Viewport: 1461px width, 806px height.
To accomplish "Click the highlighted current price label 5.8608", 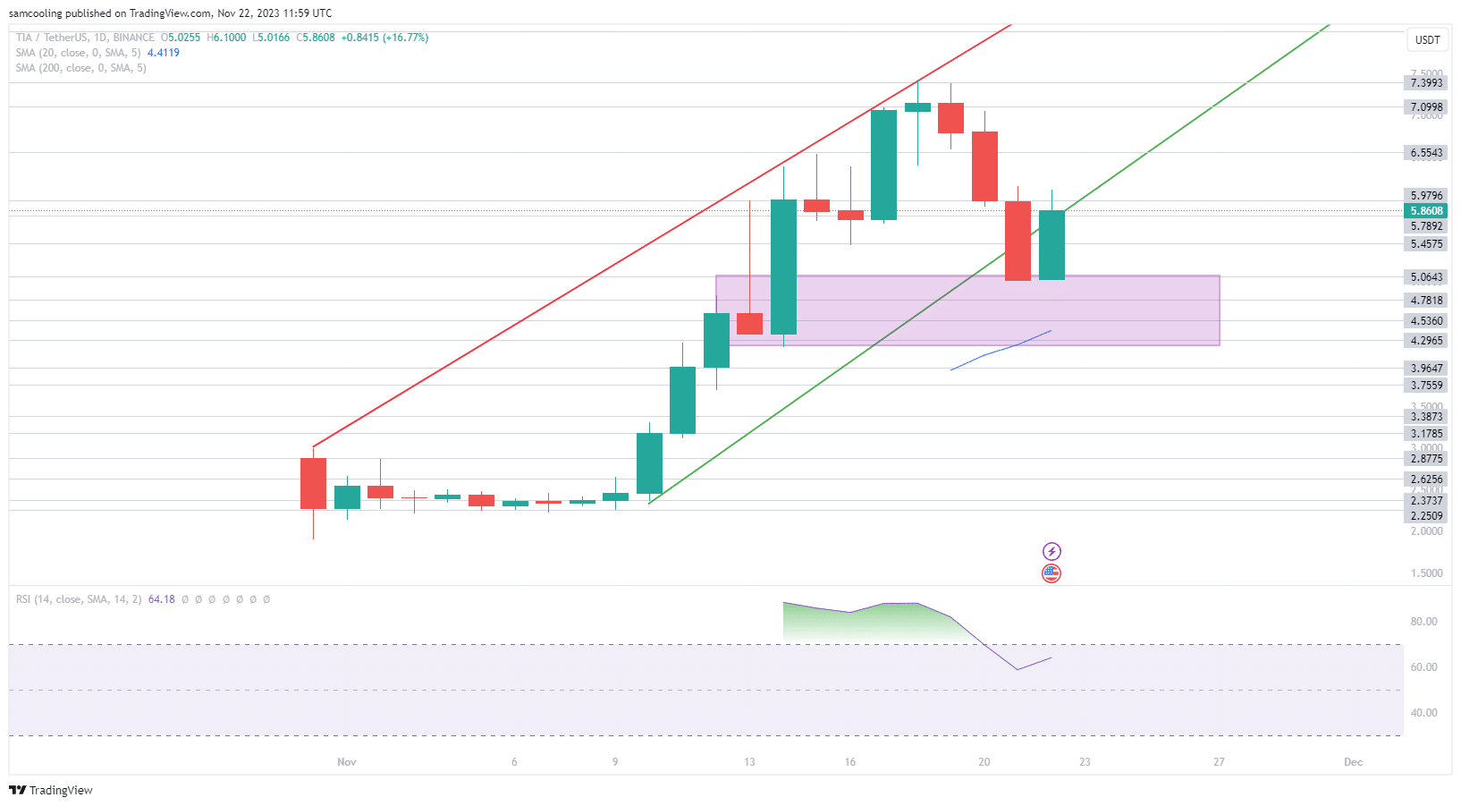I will coord(1426,211).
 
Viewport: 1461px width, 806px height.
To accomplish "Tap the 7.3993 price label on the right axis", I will coord(1426,83).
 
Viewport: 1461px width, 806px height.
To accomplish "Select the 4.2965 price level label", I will coord(1426,341).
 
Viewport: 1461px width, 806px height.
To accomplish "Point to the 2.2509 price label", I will coord(1426,516).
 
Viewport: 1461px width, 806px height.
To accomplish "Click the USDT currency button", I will coord(1427,39).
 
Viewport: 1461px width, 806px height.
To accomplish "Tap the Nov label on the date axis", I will coord(346,762).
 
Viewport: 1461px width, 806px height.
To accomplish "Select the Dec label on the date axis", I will coord(1353,762).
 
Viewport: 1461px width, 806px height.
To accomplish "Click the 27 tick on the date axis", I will coord(1219,762).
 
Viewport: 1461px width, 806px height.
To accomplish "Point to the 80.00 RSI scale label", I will coord(1423,622).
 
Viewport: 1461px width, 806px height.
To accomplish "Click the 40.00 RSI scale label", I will coord(1423,713).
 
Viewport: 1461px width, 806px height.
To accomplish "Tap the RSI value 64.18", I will coord(161,599).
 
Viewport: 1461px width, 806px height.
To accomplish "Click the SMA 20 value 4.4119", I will coord(163,53).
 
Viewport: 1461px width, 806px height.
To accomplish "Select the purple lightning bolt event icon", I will coord(1051,551).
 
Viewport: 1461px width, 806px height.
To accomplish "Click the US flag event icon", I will coord(1051,573).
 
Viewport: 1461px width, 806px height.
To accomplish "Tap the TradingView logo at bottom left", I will coord(51,790).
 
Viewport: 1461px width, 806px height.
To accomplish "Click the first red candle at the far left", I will coord(313,483).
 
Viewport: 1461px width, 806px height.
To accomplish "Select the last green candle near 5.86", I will coord(1051,245).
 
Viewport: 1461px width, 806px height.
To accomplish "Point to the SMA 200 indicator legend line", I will coord(80,68).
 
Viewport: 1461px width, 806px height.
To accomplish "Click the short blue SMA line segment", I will coord(1001,350).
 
